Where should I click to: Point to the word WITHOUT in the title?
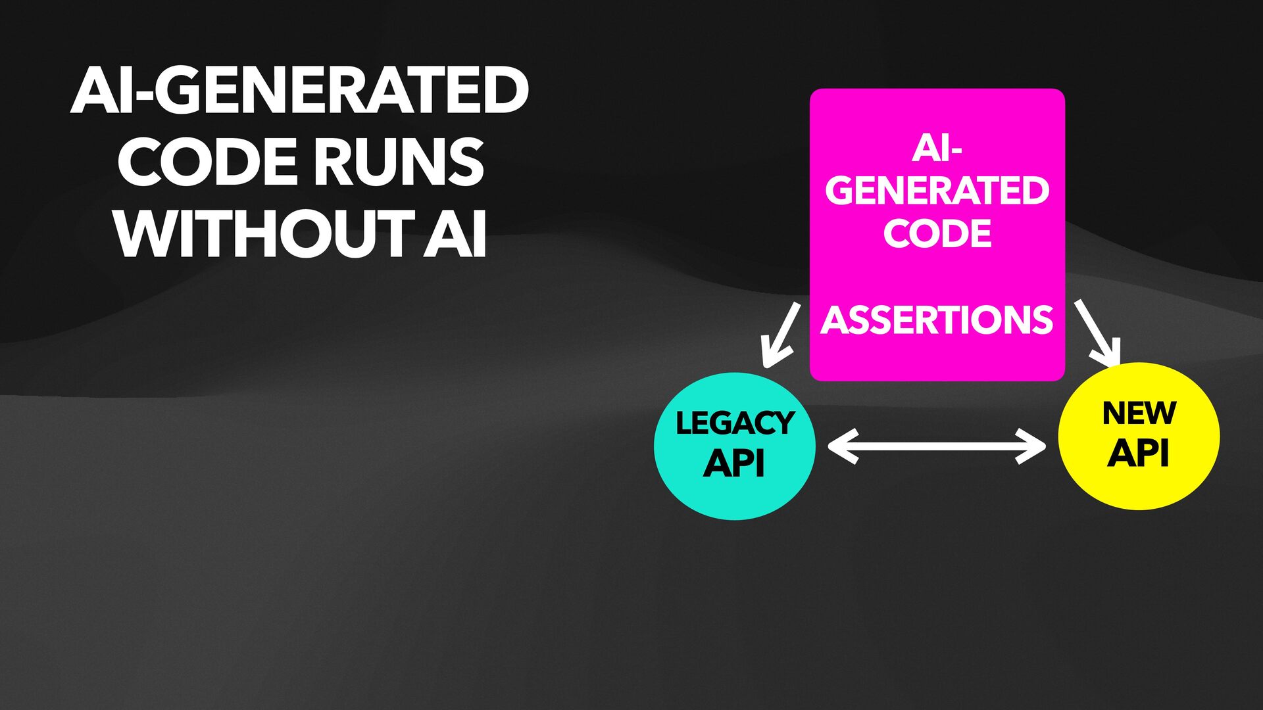264,233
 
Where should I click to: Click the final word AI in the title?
455,233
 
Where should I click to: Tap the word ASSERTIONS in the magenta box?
937,320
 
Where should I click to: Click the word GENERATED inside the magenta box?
937,191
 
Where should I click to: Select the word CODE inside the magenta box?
937,233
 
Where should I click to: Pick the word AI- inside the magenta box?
937,148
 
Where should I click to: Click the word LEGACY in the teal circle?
735,423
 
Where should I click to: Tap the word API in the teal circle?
734,463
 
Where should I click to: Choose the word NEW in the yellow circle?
1139,413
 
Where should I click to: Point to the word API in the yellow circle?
1138,453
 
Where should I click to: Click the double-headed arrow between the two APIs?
937,446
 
